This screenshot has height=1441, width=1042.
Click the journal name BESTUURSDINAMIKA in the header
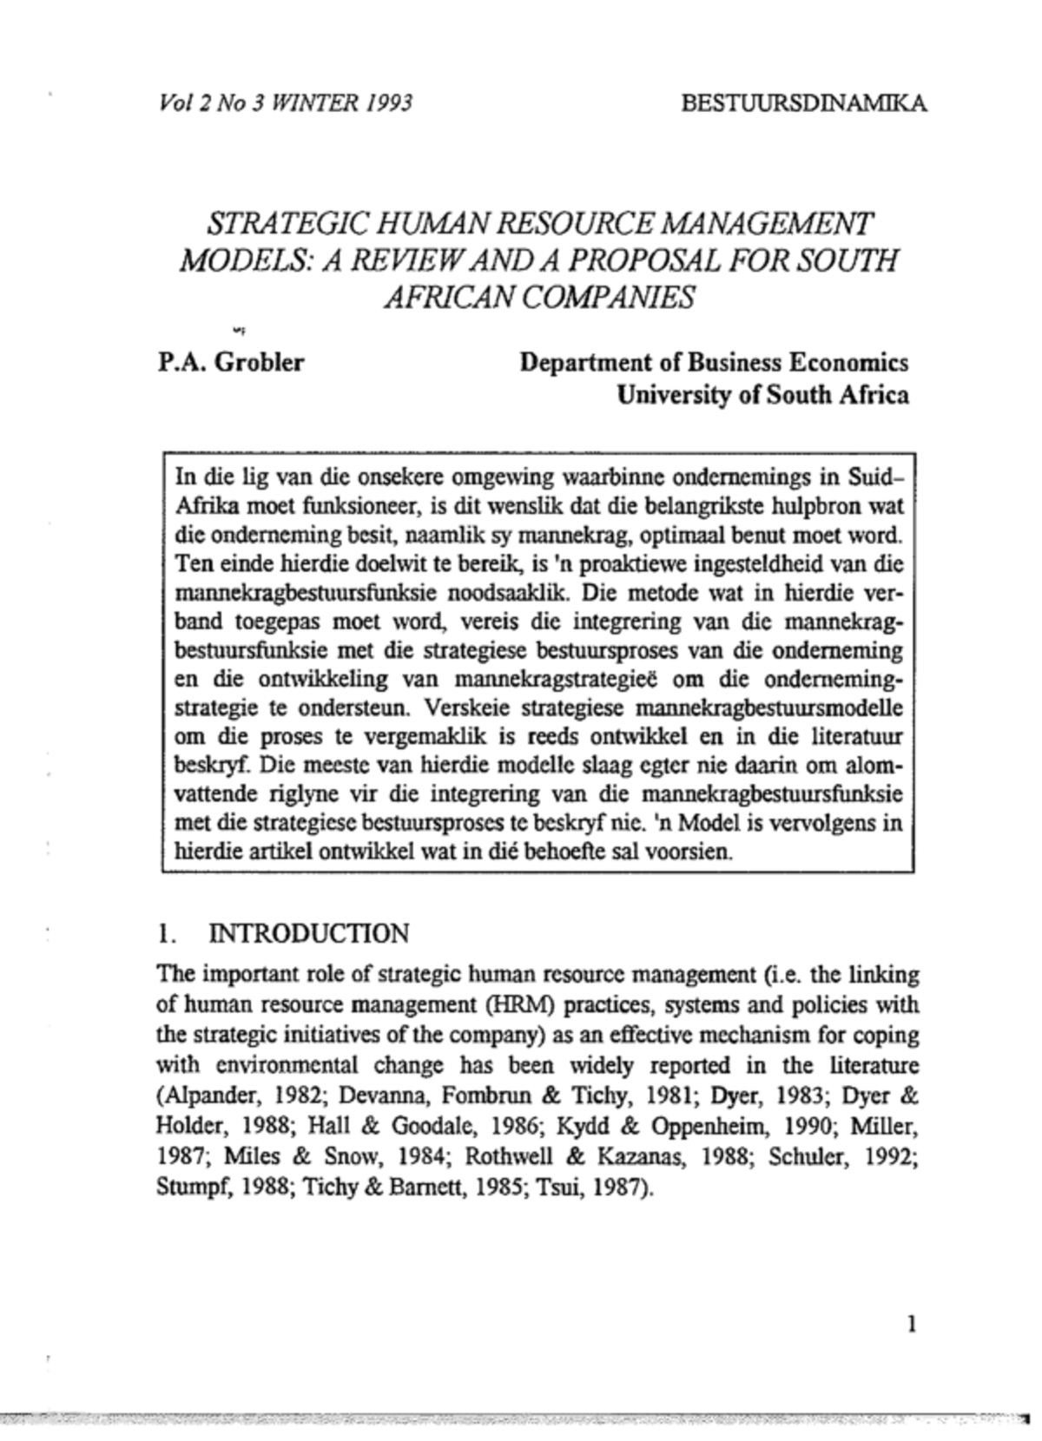pyautogui.click(x=803, y=104)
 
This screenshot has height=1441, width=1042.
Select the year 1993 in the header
pyautogui.click(x=388, y=104)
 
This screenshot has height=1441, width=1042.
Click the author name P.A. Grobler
pyautogui.click(x=231, y=362)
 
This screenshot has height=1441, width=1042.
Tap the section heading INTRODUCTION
pyautogui.click(x=308, y=934)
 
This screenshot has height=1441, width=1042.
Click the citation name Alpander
pyautogui.click(x=201, y=1096)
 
